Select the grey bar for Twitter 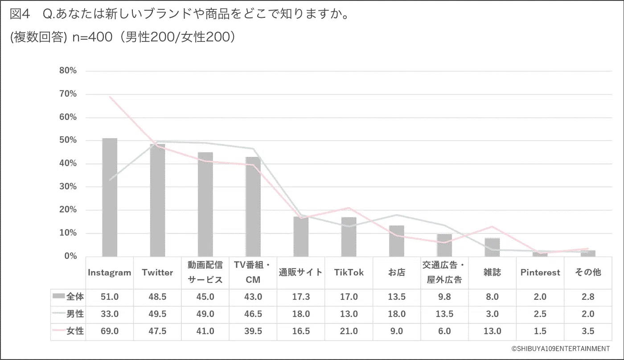click(157, 200)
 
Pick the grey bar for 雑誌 click(492, 247)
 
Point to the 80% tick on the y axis click(68, 71)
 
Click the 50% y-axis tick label click(68, 140)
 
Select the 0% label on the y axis click(70, 256)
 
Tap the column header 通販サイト click(301, 273)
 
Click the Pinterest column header click(540, 273)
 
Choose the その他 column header click(588, 273)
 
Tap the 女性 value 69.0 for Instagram click(110, 331)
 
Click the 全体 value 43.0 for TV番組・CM click(253, 297)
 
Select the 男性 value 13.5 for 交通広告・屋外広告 click(444, 314)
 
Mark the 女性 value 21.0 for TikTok click(349, 331)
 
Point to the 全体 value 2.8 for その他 click(588, 297)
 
